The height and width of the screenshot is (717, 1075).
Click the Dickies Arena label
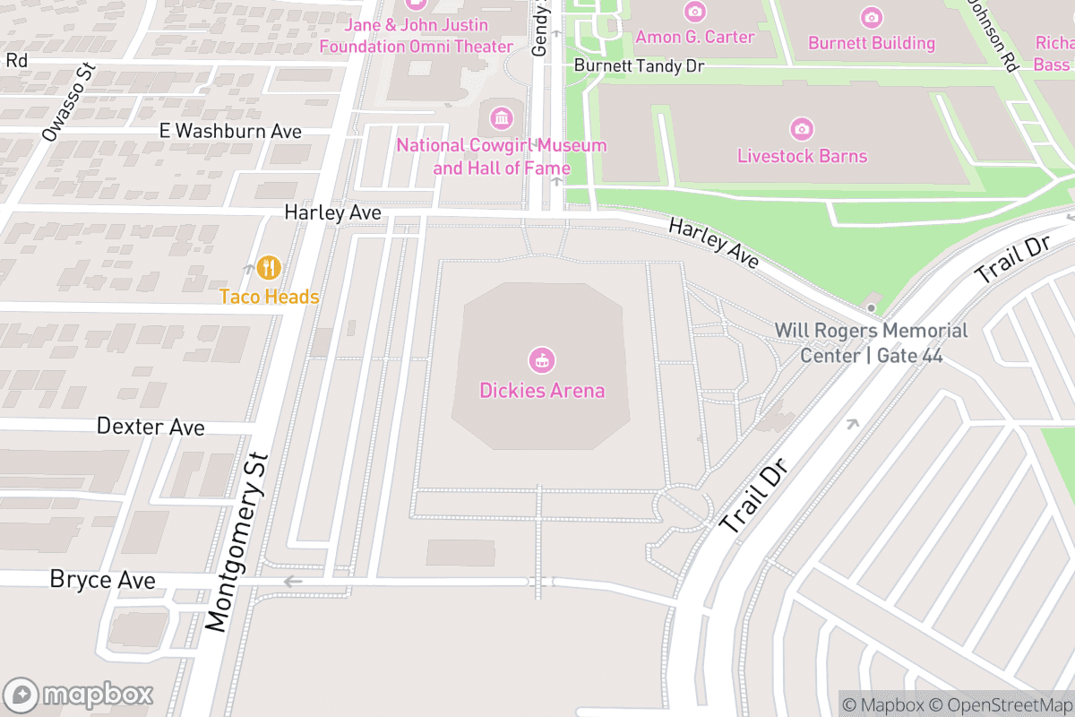[542, 391]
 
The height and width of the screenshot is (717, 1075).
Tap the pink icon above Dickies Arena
[542, 361]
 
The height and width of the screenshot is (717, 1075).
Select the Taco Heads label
[270, 297]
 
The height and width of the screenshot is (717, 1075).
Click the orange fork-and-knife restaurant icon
[268, 267]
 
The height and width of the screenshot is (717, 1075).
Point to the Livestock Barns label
[802, 156]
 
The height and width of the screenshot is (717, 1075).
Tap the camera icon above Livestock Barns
[803, 129]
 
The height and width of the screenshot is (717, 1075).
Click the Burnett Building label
[871, 43]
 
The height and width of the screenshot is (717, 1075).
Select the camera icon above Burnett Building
[871, 17]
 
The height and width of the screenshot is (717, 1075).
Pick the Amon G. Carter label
[695, 37]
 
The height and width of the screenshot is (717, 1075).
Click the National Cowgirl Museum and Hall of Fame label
[502, 157]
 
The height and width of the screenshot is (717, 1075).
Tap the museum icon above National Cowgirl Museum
[502, 117]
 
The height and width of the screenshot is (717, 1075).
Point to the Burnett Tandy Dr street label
[639, 66]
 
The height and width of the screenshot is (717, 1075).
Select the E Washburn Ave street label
[230, 131]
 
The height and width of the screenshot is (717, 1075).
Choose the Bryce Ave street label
[102, 580]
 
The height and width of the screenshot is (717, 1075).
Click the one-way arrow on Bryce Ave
[292, 581]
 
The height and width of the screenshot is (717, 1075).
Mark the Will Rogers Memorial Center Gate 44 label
[871, 343]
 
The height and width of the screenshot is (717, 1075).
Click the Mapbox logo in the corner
[79, 695]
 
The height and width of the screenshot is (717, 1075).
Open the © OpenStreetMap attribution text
[998, 704]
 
